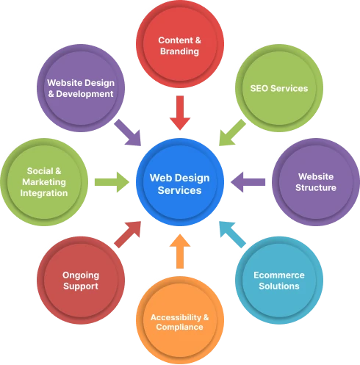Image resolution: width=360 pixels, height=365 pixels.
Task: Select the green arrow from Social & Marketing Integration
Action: pyautogui.click(x=109, y=180)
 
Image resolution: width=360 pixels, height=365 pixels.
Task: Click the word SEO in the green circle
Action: pyautogui.click(x=259, y=89)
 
